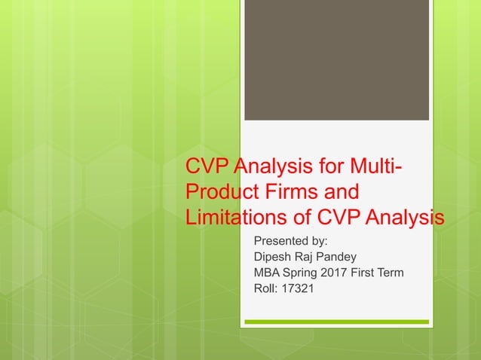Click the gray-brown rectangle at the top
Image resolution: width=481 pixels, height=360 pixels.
click(336, 59)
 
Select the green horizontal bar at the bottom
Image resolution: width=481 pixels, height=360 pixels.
click(336, 322)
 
